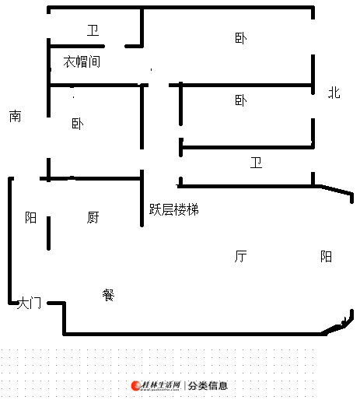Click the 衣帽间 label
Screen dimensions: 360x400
(x=82, y=61)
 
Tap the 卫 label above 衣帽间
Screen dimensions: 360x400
(x=93, y=30)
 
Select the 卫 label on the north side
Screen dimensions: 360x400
(x=256, y=163)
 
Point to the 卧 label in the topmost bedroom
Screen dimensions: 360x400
(x=241, y=38)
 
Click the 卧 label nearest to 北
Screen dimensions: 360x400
(x=241, y=100)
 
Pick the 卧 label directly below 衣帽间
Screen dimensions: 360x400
(x=78, y=124)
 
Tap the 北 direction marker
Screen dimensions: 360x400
(x=334, y=93)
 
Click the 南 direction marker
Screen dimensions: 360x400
(x=16, y=116)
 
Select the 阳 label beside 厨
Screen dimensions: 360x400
(x=30, y=217)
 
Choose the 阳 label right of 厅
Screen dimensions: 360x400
(x=326, y=256)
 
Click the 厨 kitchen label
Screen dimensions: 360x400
(x=93, y=217)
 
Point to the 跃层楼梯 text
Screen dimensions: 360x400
(x=174, y=209)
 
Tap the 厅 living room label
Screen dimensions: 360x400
(x=240, y=256)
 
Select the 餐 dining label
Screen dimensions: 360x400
(x=108, y=295)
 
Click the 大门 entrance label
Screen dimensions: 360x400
(x=29, y=303)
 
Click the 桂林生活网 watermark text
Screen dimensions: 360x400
(x=161, y=385)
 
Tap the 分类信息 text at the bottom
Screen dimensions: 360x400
(x=208, y=386)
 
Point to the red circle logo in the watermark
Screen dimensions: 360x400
(x=136, y=386)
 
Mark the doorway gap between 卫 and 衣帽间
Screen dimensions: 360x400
(x=114, y=46)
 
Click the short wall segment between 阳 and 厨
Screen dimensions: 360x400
(x=48, y=233)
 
